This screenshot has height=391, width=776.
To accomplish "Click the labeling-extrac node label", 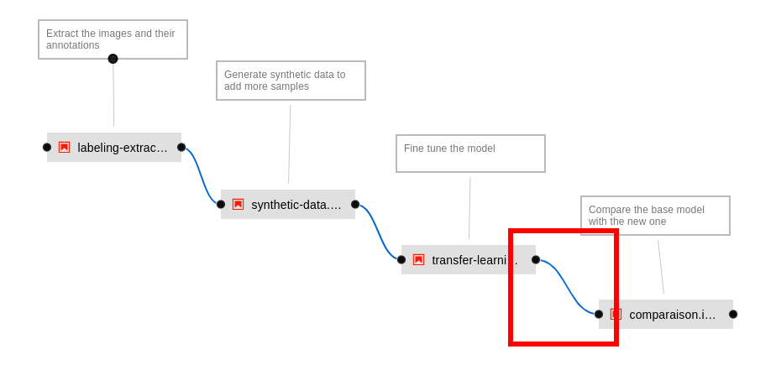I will (x=123, y=148).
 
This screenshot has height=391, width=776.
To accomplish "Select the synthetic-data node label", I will (x=296, y=205).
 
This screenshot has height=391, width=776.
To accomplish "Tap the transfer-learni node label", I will (x=475, y=260).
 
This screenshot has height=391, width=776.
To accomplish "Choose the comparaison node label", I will (x=673, y=315).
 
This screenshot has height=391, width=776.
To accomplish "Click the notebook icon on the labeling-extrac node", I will (x=64, y=148).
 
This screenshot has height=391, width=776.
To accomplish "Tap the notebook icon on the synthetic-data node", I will (x=238, y=205).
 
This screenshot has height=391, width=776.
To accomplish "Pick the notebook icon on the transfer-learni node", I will (x=418, y=260).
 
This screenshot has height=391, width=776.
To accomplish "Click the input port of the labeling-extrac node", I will (x=47, y=148).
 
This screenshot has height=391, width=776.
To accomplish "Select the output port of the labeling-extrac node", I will (x=181, y=148).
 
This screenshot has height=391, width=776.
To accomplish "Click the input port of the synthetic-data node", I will (x=221, y=205).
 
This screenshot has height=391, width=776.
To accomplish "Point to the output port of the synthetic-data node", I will (x=355, y=205).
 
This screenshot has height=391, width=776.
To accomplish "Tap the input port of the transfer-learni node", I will (x=401, y=260).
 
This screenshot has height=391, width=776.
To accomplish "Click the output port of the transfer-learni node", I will (x=536, y=260).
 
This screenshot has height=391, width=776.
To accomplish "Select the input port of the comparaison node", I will (x=599, y=315).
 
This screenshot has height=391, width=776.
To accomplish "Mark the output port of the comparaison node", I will (x=733, y=315).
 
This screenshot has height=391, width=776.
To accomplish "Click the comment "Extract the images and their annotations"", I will (x=112, y=39).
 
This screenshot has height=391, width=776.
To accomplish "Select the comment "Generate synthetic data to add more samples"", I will (x=290, y=80).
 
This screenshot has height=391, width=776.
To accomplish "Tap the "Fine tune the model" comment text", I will (x=450, y=149).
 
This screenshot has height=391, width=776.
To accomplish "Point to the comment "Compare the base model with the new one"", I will (x=654, y=215).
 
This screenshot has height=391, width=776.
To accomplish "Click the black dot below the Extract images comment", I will (x=113, y=59).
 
